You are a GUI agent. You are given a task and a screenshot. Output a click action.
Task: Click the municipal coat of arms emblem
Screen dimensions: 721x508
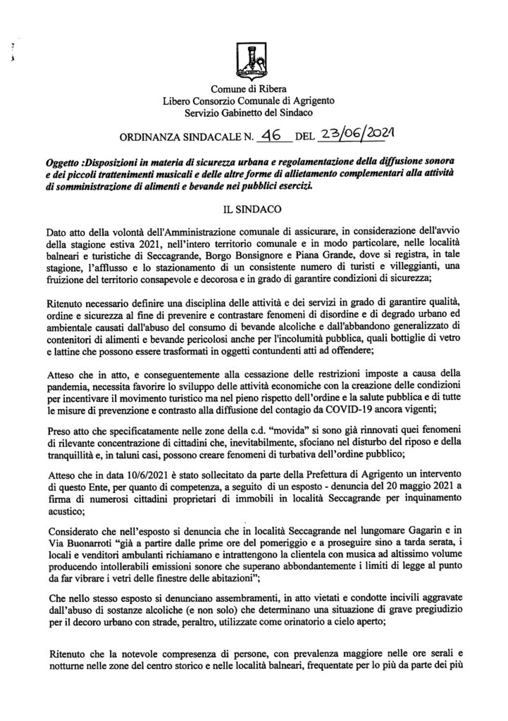253,61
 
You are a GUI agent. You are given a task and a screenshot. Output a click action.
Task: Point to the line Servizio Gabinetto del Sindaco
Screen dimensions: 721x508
254,112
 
